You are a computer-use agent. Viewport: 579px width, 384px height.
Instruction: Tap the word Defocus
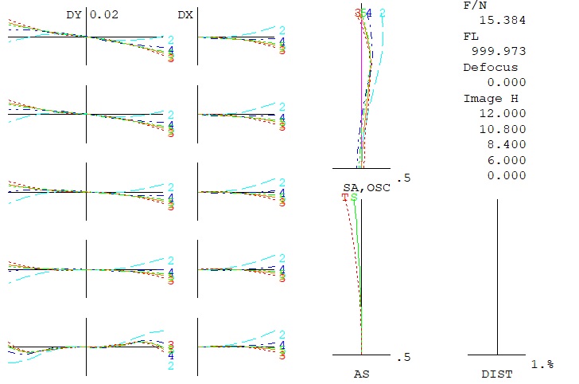pyautogui.click(x=490, y=68)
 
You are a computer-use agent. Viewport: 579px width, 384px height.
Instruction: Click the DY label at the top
pyautogui.click(x=74, y=14)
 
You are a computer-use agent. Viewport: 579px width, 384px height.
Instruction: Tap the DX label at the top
pyautogui.click(x=185, y=14)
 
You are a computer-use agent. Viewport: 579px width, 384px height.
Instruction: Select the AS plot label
pyautogui.click(x=361, y=373)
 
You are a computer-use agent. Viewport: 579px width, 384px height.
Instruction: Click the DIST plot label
pyautogui.click(x=497, y=373)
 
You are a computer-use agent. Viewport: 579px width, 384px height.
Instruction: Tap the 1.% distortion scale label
pyautogui.click(x=543, y=364)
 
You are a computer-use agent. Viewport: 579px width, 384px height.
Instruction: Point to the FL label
pyautogui.click(x=470, y=37)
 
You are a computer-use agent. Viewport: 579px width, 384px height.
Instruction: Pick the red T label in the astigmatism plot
pyautogui.click(x=345, y=197)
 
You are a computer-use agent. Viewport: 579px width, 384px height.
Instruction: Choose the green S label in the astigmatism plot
pyautogui.click(x=354, y=197)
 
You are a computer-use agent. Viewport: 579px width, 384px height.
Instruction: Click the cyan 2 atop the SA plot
pyautogui.click(x=383, y=13)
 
